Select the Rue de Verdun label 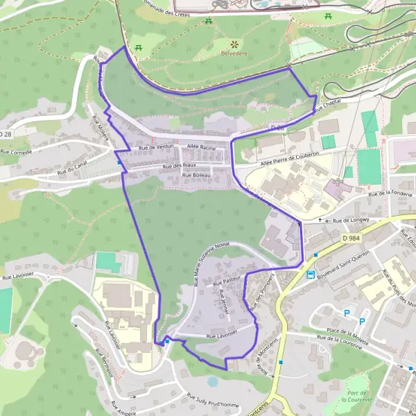155,147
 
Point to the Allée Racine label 201,148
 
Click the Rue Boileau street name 196,175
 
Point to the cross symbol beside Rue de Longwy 320,220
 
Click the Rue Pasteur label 227,281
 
